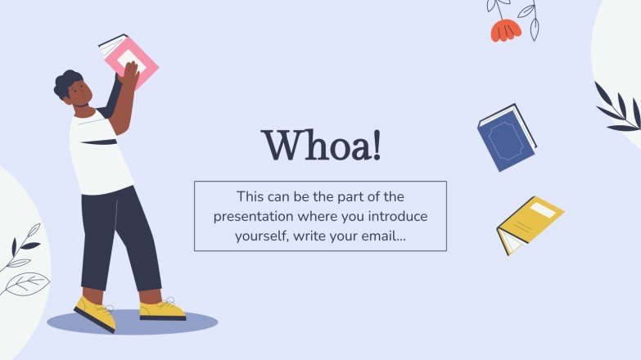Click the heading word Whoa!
coord(321,146)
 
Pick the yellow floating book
coord(530,223)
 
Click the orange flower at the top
coord(504,30)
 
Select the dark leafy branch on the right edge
coord(620,110)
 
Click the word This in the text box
coord(250,196)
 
